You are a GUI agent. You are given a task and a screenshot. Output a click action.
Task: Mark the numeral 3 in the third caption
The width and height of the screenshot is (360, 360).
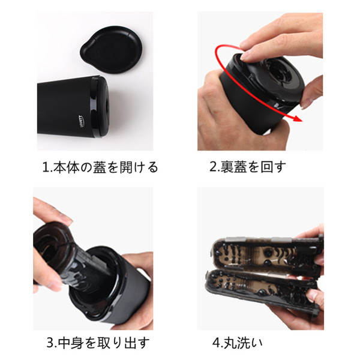click(x=50, y=344)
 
